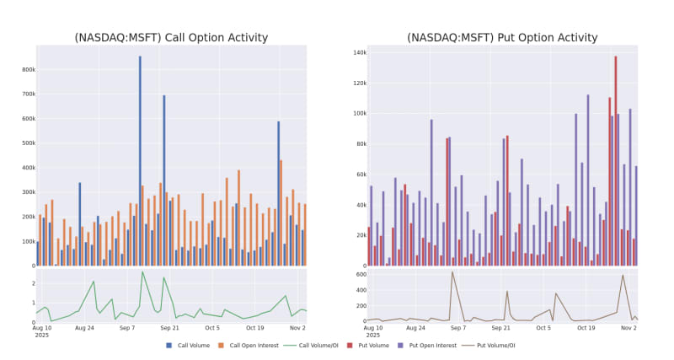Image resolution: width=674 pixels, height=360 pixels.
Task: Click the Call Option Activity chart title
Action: [x=171, y=37]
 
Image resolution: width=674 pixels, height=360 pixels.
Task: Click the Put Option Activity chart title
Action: [x=502, y=37]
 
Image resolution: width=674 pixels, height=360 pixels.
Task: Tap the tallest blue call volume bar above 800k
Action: [x=140, y=160]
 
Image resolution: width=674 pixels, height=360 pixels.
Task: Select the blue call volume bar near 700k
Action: [x=164, y=180]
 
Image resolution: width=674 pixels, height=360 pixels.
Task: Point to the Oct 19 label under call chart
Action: [x=254, y=328]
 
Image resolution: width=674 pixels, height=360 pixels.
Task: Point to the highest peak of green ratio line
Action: [x=142, y=271]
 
